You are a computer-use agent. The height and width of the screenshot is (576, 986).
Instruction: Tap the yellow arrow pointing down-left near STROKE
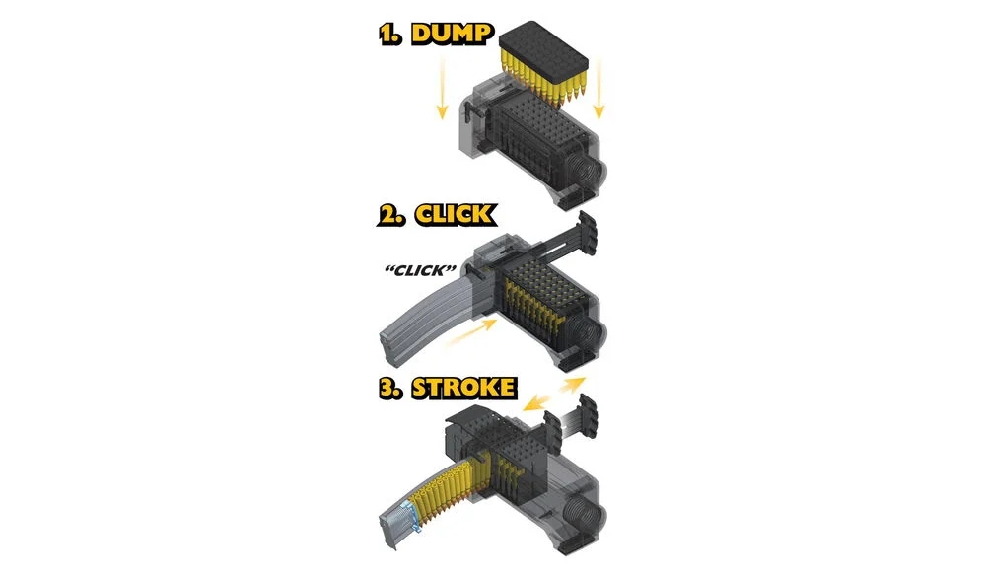(536, 403)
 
